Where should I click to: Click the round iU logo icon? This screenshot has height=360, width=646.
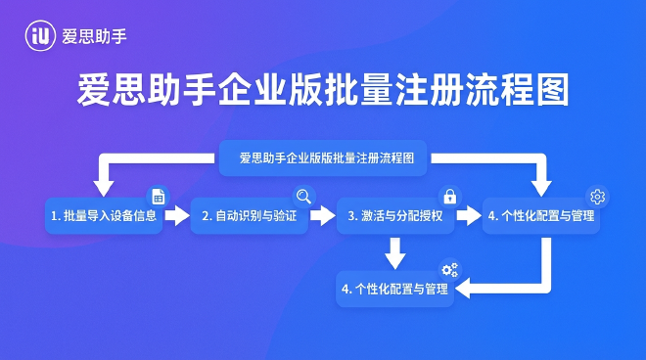coord(41,36)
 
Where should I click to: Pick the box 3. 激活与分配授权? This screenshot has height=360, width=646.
coord(395,215)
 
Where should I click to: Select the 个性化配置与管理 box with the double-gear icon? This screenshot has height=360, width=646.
coord(395,290)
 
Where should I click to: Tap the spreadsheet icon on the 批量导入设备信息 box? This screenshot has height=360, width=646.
coord(158,197)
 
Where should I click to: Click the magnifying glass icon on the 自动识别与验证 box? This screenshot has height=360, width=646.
coord(303,196)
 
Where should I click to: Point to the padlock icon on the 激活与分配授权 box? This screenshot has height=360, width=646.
coord(450,196)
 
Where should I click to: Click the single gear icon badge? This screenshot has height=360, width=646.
coord(598,196)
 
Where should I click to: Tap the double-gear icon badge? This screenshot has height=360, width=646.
coord(450,271)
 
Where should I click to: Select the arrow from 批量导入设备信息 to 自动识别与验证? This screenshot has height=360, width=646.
coord(176,215)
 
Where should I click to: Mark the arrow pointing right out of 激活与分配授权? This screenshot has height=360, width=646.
coord(470,215)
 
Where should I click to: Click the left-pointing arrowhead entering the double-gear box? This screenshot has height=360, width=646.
coord(468,290)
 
